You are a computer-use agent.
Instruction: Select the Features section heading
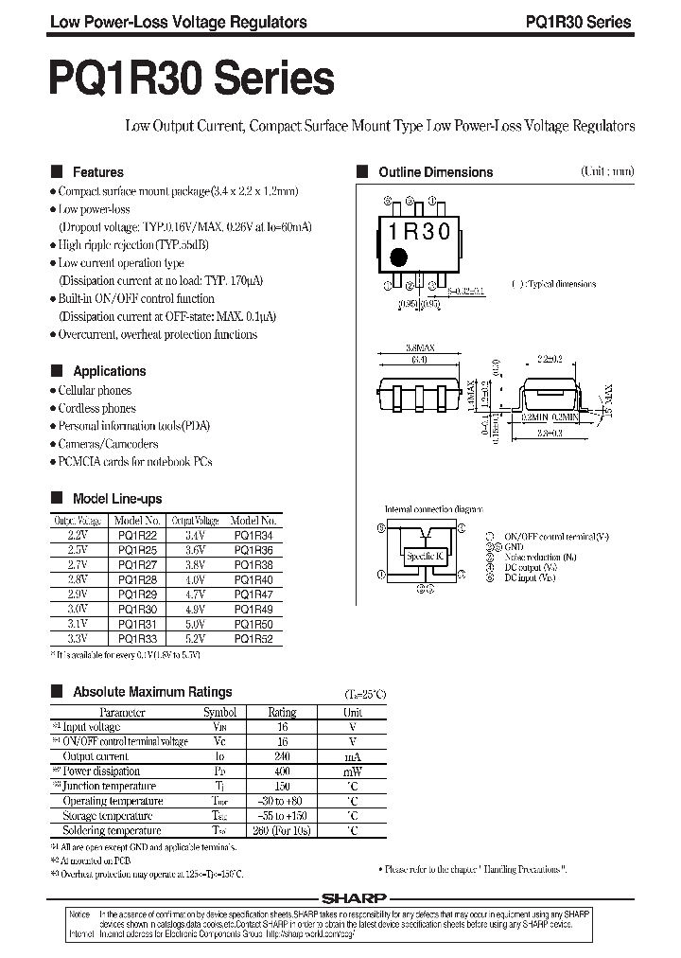(x=98, y=172)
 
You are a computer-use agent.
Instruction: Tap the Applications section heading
(x=110, y=371)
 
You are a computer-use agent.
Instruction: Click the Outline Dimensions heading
(x=435, y=172)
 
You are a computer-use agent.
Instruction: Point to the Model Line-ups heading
(x=117, y=499)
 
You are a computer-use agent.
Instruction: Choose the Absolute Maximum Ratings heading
(x=152, y=692)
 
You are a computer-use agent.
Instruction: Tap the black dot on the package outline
(x=399, y=257)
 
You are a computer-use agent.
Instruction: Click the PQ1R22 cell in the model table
(x=138, y=535)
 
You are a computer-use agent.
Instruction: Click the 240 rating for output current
(x=282, y=756)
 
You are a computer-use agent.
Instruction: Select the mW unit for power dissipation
(x=352, y=772)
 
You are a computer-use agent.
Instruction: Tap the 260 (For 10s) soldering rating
(x=282, y=830)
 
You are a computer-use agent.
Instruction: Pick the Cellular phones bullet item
(x=95, y=390)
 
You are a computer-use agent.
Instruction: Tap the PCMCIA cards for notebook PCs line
(x=135, y=461)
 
